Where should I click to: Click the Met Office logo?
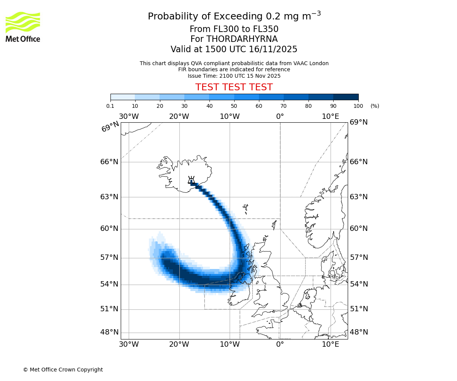pyautogui.click(x=23, y=27)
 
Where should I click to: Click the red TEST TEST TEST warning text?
pyautogui.click(x=234, y=87)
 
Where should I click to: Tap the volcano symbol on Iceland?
pyautogui.click(x=191, y=180)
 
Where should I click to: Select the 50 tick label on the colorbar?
pyautogui.click(x=234, y=106)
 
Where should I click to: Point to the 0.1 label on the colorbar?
pyautogui.click(x=110, y=106)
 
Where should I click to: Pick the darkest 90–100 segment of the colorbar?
pyautogui.click(x=346, y=97)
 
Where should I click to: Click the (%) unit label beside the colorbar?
pyautogui.click(x=375, y=106)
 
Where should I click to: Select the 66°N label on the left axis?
pyautogui.click(x=109, y=162)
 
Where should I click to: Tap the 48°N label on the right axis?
pyautogui.click(x=359, y=332)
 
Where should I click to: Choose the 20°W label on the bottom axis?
pyautogui.click(x=179, y=345)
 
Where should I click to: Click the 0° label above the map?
pyautogui.click(x=280, y=117)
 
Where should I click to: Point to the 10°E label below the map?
pyautogui.click(x=330, y=345)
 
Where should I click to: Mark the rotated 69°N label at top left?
pyautogui.click(x=110, y=126)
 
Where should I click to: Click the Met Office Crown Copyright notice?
pyautogui.click(x=63, y=370)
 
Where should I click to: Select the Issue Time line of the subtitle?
pyautogui.click(x=234, y=76)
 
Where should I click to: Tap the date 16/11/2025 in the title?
pyautogui.click(x=273, y=50)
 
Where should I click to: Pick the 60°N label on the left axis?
pyautogui.click(x=109, y=229)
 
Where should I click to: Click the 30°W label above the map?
pyautogui.click(x=129, y=117)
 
